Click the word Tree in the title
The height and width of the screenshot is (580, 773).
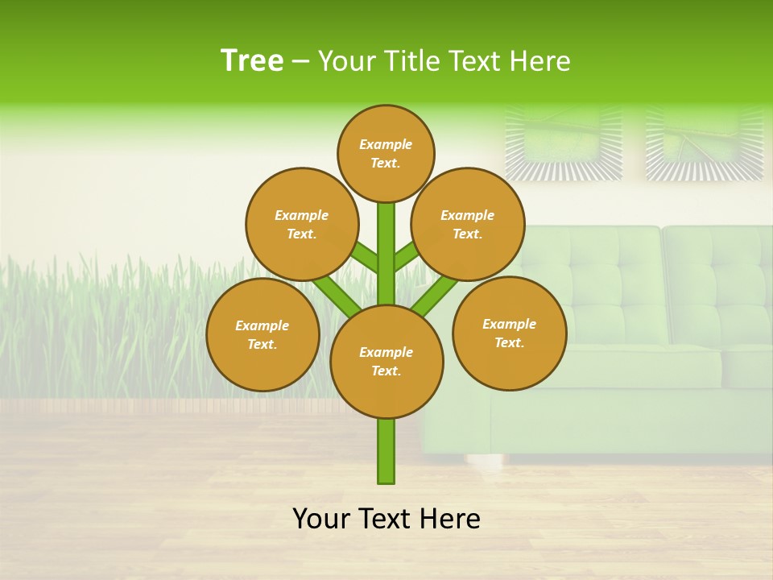click(x=252, y=61)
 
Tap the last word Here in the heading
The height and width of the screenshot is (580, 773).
click(x=539, y=61)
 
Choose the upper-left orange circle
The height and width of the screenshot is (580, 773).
click(x=302, y=224)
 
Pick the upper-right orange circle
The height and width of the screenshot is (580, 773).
click(x=468, y=224)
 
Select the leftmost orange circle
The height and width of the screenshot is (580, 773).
click(x=262, y=334)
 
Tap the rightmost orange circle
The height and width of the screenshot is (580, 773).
click(x=510, y=333)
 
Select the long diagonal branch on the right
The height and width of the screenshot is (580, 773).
click(x=435, y=295)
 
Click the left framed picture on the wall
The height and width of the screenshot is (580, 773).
click(x=564, y=142)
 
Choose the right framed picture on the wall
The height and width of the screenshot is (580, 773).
click(x=705, y=142)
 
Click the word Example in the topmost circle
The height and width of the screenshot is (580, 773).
click(x=386, y=145)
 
